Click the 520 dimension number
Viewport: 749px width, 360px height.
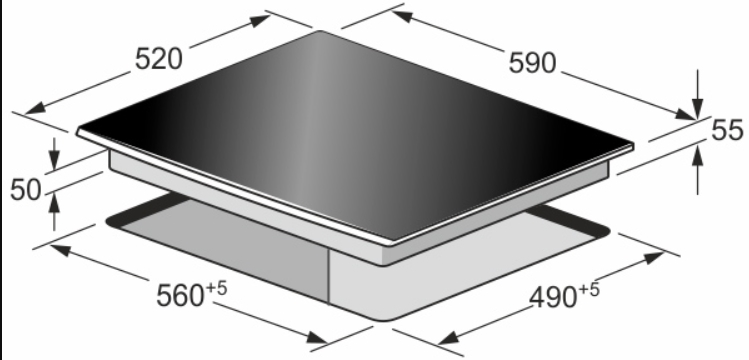159,59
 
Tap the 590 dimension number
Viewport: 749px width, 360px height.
533,63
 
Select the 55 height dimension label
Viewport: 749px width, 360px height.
728,130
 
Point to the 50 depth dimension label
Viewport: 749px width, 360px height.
26,190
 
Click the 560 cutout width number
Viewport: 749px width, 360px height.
181,296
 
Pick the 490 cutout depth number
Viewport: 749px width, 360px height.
553,298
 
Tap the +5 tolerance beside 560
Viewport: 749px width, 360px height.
216,288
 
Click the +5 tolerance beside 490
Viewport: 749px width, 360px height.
588,289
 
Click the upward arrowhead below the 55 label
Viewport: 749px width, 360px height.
697,156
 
